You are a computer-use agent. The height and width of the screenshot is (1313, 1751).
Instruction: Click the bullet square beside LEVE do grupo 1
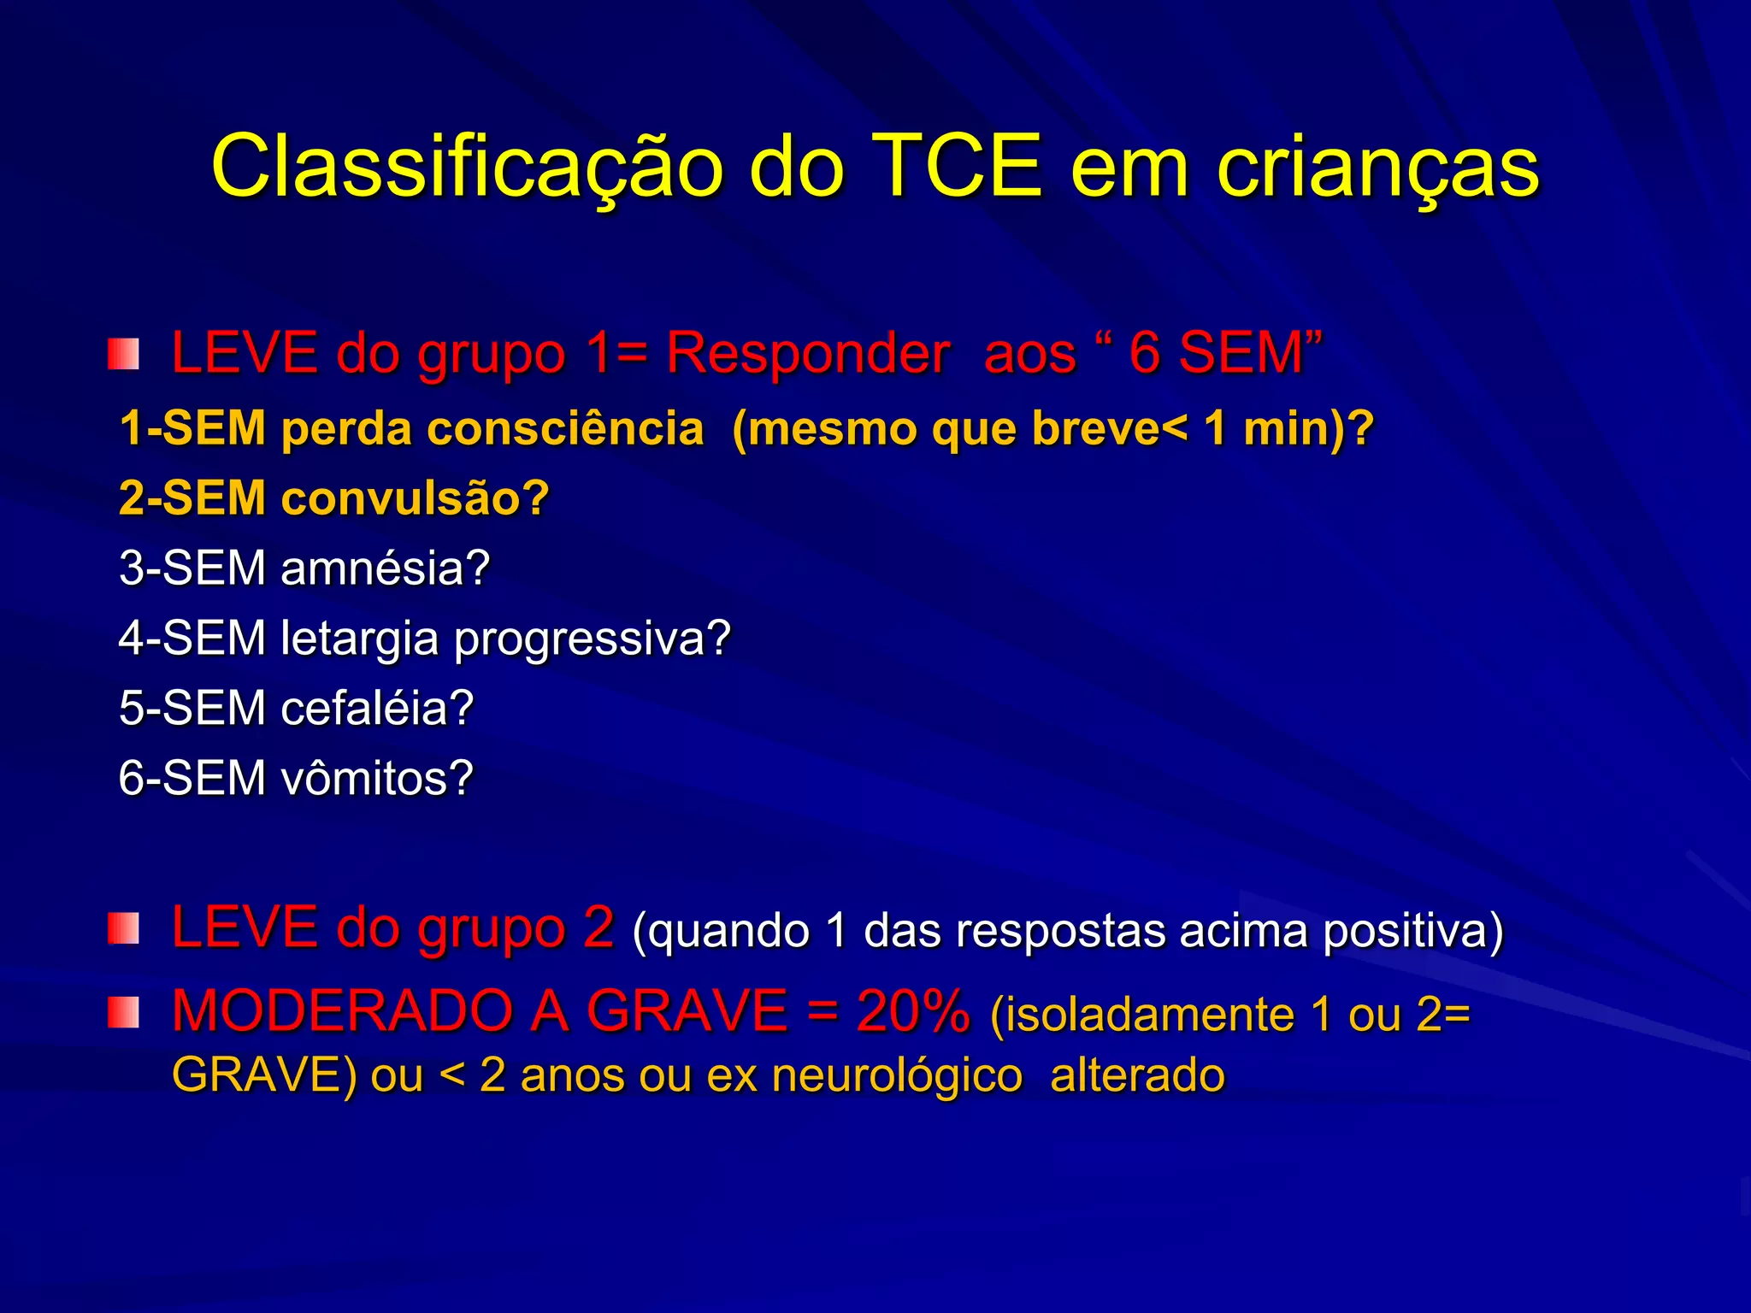point(123,354)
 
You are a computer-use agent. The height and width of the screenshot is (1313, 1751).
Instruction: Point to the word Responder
point(807,352)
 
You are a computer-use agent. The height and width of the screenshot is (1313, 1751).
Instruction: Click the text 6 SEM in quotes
point(1215,352)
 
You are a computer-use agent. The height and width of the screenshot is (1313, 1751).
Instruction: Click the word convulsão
point(415,498)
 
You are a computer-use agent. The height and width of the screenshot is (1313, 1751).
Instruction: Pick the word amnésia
point(385,568)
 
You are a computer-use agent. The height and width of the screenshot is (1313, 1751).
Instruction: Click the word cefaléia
point(377,708)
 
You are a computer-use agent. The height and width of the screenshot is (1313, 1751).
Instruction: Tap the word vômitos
point(377,778)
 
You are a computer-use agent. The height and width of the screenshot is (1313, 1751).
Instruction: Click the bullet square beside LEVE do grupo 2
point(123,929)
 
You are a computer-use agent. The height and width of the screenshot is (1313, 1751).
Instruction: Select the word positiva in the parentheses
point(1412,930)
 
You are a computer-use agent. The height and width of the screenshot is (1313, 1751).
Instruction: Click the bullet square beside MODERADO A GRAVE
point(123,1013)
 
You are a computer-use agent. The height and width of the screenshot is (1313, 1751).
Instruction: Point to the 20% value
point(913,1010)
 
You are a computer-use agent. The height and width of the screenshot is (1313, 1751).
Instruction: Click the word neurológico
point(897,1075)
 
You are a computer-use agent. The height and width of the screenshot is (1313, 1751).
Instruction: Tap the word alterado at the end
point(1137,1075)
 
